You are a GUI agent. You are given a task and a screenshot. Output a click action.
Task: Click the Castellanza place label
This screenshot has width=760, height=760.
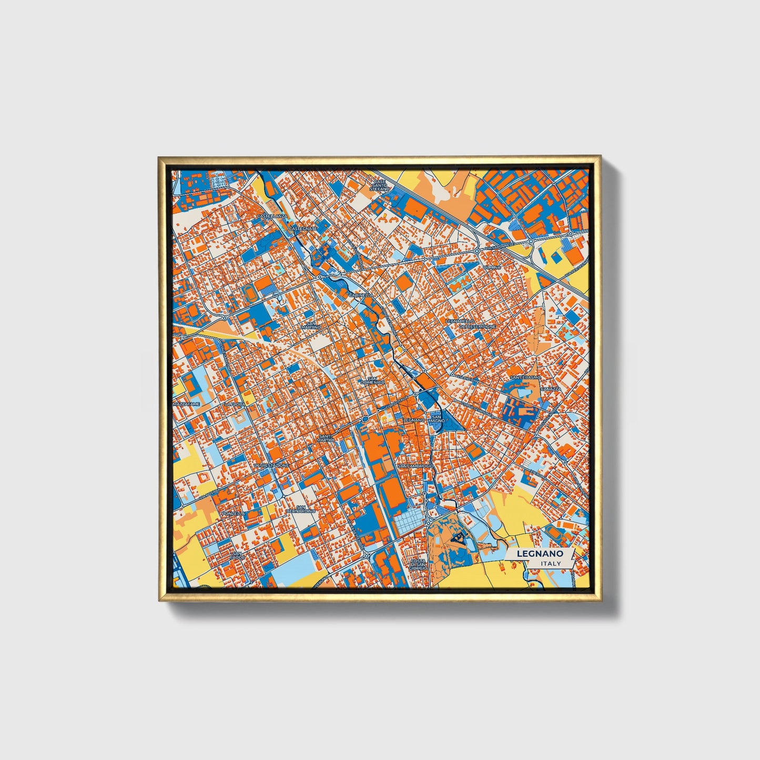point(271,216)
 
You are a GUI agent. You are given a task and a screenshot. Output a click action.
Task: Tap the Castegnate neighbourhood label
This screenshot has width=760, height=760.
point(303,229)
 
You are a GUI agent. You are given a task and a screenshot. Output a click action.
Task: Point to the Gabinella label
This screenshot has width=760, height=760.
point(360,296)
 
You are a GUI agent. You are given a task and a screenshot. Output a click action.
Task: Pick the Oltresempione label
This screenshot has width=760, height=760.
point(477,327)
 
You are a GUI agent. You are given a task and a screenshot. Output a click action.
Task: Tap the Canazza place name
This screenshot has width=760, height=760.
point(551,389)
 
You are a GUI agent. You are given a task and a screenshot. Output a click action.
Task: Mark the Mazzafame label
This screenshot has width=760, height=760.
point(187,404)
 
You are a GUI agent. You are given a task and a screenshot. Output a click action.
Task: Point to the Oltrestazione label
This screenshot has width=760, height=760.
point(271,465)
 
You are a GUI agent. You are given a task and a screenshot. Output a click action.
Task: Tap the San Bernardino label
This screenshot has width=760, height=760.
point(301,509)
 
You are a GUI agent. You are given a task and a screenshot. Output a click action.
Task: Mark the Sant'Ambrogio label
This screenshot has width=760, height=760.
point(416,466)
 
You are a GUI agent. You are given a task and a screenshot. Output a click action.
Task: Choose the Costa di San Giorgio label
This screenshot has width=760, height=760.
point(419,565)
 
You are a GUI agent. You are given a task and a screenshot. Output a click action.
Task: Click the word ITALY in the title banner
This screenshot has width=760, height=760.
point(551,563)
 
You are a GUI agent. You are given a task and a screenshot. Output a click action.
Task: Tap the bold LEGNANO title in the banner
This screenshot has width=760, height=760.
point(540,554)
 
